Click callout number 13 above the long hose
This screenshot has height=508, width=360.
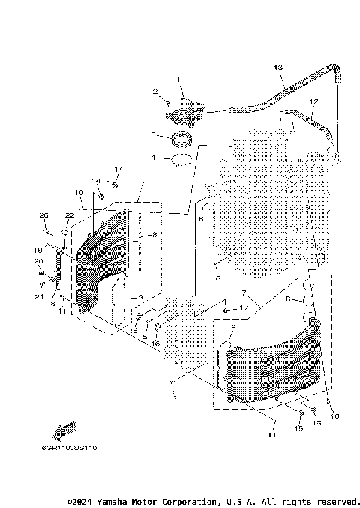277,68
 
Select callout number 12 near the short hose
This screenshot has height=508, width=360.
313,101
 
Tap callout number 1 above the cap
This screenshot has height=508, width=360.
179,79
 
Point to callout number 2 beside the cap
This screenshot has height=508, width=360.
155,94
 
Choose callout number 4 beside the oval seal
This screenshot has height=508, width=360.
153,158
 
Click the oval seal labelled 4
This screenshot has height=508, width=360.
180,159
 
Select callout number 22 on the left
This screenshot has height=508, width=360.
69,215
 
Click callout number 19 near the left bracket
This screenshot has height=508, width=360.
37,250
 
